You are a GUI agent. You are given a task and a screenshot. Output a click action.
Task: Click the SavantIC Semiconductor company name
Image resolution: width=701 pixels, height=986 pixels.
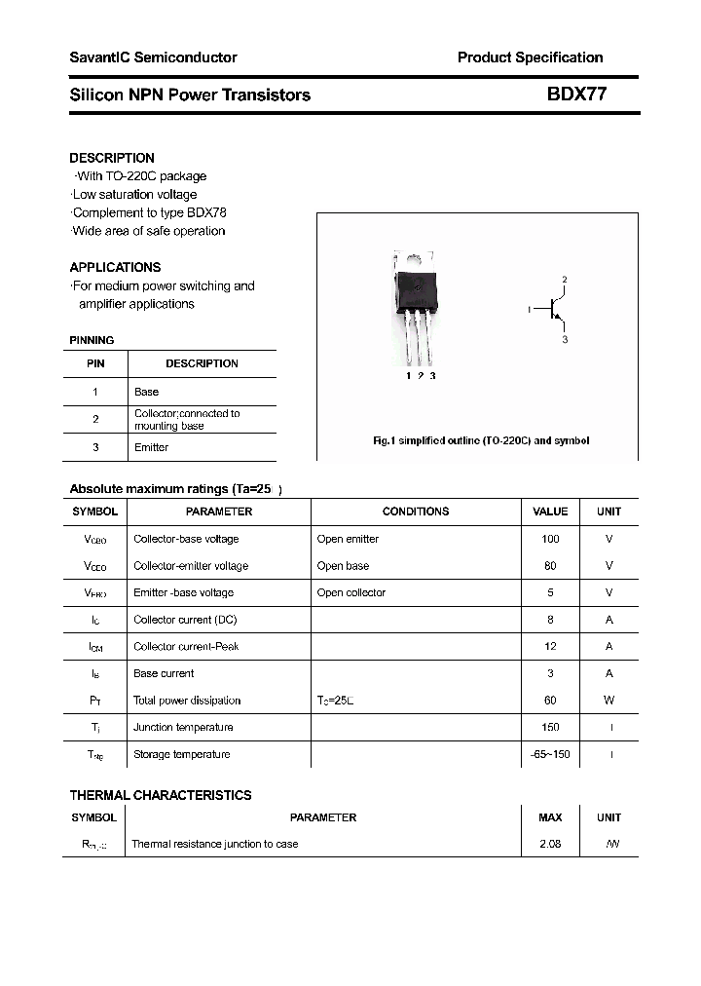tap(153, 57)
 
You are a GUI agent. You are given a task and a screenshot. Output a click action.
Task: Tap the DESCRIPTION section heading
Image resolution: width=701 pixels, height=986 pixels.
tap(112, 158)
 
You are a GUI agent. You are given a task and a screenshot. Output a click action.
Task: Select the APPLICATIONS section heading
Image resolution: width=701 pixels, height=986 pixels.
tap(115, 267)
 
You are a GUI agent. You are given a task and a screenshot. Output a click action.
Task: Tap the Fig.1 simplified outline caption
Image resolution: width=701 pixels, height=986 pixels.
tap(481, 440)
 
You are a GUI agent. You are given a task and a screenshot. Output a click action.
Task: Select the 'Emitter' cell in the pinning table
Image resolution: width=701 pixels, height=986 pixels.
tap(151, 447)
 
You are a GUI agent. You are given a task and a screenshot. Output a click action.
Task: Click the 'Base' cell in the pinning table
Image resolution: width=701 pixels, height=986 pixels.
tap(146, 392)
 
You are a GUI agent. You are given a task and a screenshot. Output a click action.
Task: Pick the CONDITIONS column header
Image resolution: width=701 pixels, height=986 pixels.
tap(416, 512)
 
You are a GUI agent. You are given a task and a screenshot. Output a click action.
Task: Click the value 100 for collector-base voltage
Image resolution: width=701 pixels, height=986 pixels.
tap(550, 539)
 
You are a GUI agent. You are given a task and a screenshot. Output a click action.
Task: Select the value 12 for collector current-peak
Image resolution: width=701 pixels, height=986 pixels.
tap(550, 646)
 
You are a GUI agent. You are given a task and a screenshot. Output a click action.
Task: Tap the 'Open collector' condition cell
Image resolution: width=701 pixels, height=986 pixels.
tap(351, 592)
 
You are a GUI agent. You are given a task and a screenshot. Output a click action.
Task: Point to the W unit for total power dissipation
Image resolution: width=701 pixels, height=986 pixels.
tap(609, 701)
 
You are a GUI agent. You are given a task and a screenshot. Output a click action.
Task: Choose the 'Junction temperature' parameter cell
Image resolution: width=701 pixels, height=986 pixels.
tap(183, 727)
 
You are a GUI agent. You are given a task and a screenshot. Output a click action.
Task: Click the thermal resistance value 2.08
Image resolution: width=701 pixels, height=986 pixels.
tap(550, 844)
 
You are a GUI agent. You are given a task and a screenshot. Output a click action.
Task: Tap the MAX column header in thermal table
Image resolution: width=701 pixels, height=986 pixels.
tap(550, 817)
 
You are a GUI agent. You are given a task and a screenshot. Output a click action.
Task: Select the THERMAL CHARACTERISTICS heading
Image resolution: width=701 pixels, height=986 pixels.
tap(161, 795)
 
